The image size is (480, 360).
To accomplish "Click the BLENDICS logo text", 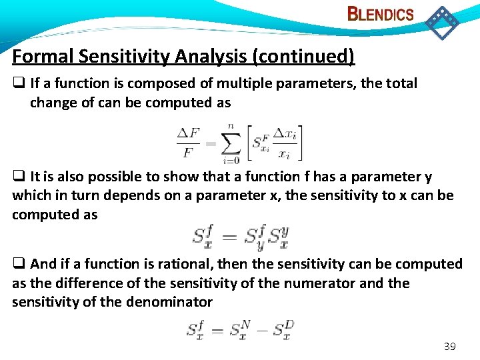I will (x=381, y=14).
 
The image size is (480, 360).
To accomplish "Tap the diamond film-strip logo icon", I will (x=441, y=22).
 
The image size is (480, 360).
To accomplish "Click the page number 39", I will (x=449, y=347).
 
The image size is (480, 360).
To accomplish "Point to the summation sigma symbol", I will (x=230, y=142).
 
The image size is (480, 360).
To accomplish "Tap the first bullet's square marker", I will (x=17, y=84).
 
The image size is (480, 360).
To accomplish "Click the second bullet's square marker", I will (x=17, y=177).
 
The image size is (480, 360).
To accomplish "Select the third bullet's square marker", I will (x=17, y=265).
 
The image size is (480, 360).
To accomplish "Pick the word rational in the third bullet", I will (x=220, y=264).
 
